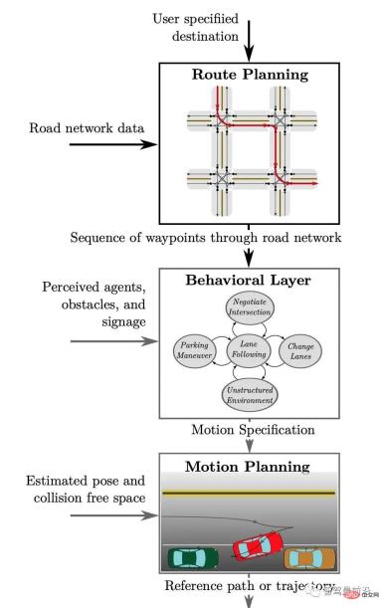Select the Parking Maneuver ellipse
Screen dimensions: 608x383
[x=195, y=348]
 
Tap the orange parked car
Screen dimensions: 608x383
[x=303, y=558]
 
